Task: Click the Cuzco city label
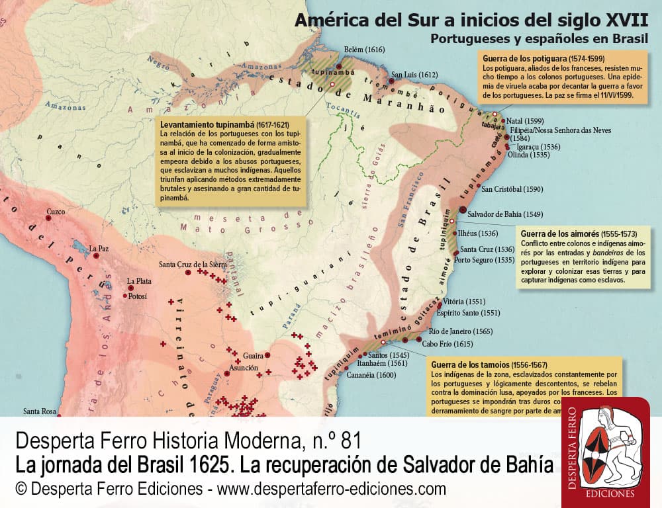[x=56, y=212]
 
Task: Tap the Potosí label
[x=137, y=295]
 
